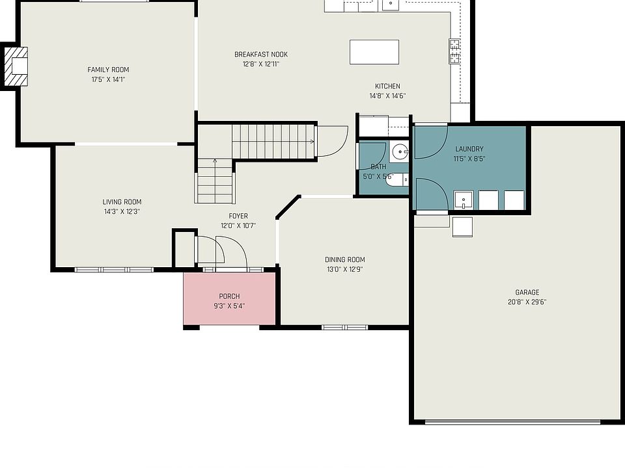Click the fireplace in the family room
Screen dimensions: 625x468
[16, 66]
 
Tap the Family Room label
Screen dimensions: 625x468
[109, 70]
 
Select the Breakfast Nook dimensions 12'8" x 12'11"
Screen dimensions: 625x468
[261, 64]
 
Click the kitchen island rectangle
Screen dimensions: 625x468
[374, 52]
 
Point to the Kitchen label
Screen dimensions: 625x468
[387, 86]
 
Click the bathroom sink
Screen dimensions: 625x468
[399, 151]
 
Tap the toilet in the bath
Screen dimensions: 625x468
[397, 180]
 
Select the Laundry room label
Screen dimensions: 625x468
[469, 149]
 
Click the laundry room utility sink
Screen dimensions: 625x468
[463, 200]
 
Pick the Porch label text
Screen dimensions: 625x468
[230, 296]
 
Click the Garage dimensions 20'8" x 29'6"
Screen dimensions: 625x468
[527, 302]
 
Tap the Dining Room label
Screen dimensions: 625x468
[345, 259]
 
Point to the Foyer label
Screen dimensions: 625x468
[238, 216]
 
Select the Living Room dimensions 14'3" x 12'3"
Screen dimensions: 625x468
[122, 212]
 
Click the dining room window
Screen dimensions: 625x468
[345, 328]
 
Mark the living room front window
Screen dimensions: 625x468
[114, 270]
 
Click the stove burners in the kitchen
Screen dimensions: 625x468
[455, 51]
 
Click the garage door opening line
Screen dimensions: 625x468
[512, 422]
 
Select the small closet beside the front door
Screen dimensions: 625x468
[184, 248]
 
